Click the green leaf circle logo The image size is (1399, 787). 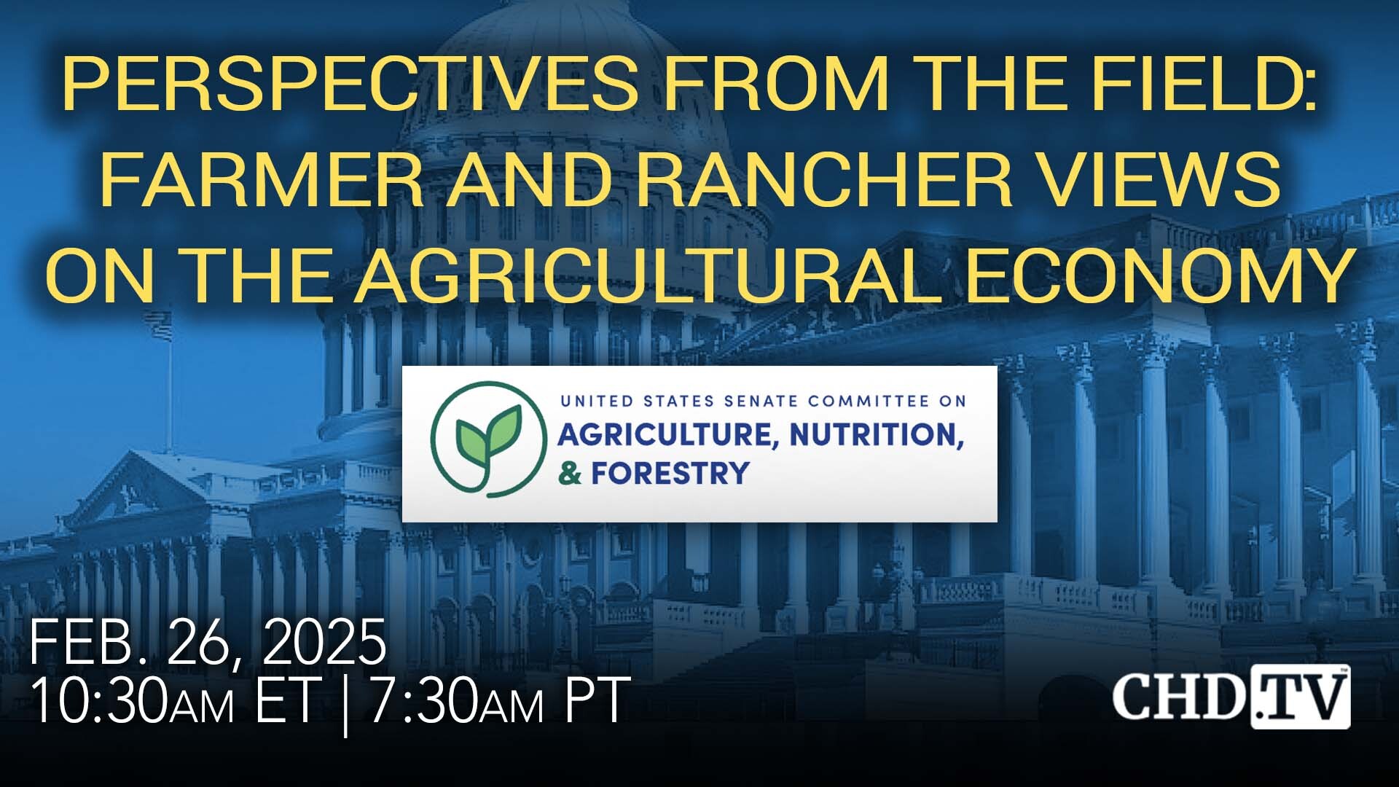[x=487, y=440]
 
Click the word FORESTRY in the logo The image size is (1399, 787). [x=670, y=474]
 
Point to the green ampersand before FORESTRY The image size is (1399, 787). [x=570, y=474]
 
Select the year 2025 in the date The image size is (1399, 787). [x=324, y=643]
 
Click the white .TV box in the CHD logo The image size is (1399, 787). [x=1300, y=697]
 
